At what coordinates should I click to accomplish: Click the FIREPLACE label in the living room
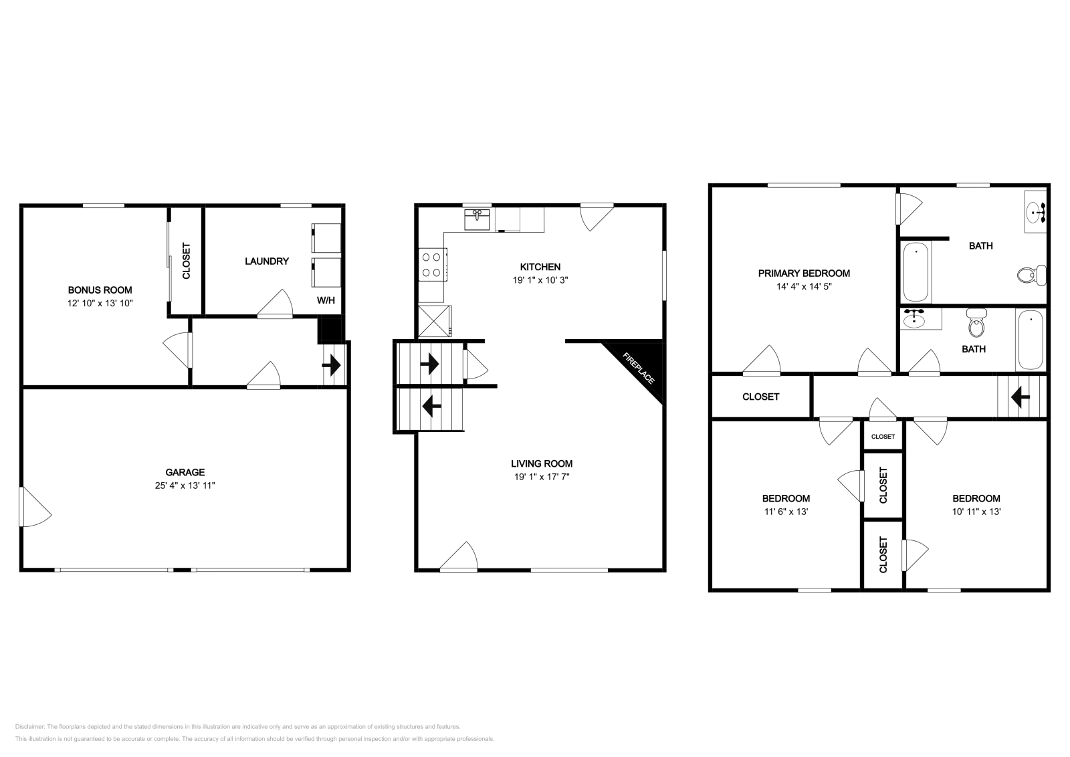click(638, 368)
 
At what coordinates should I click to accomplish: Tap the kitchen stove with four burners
click(432, 265)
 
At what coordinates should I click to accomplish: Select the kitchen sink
click(477, 219)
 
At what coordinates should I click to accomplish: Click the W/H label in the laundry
click(326, 300)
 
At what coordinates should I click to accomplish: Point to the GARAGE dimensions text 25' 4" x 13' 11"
click(185, 485)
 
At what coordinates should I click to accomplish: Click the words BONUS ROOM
click(100, 290)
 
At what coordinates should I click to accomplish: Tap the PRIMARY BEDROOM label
click(804, 274)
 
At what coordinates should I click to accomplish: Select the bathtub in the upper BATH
click(916, 272)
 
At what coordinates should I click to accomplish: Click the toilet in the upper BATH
click(1031, 275)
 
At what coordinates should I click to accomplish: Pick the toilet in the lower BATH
click(976, 324)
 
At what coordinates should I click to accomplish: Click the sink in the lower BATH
click(914, 318)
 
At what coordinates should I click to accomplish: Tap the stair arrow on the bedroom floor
click(1020, 397)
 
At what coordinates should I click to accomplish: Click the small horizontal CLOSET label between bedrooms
click(883, 437)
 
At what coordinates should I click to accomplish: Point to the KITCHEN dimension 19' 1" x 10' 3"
click(540, 280)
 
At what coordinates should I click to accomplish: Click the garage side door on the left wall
click(35, 507)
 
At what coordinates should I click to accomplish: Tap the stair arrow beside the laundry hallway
click(332, 366)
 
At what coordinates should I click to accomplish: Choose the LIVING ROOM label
click(542, 463)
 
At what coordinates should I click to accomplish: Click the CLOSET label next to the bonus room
click(187, 261)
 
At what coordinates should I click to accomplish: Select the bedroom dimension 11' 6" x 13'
click(786, 512)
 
